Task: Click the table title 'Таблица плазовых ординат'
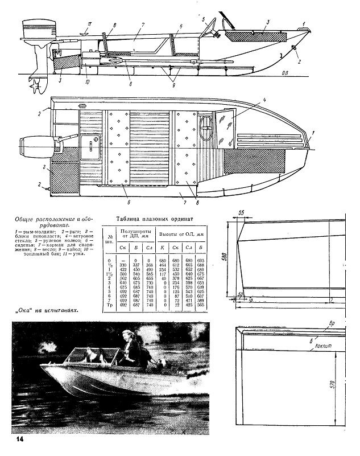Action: (x=155, y=219)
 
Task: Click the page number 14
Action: (x=20, y=439)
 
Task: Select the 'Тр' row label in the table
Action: (x=108, y=306)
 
